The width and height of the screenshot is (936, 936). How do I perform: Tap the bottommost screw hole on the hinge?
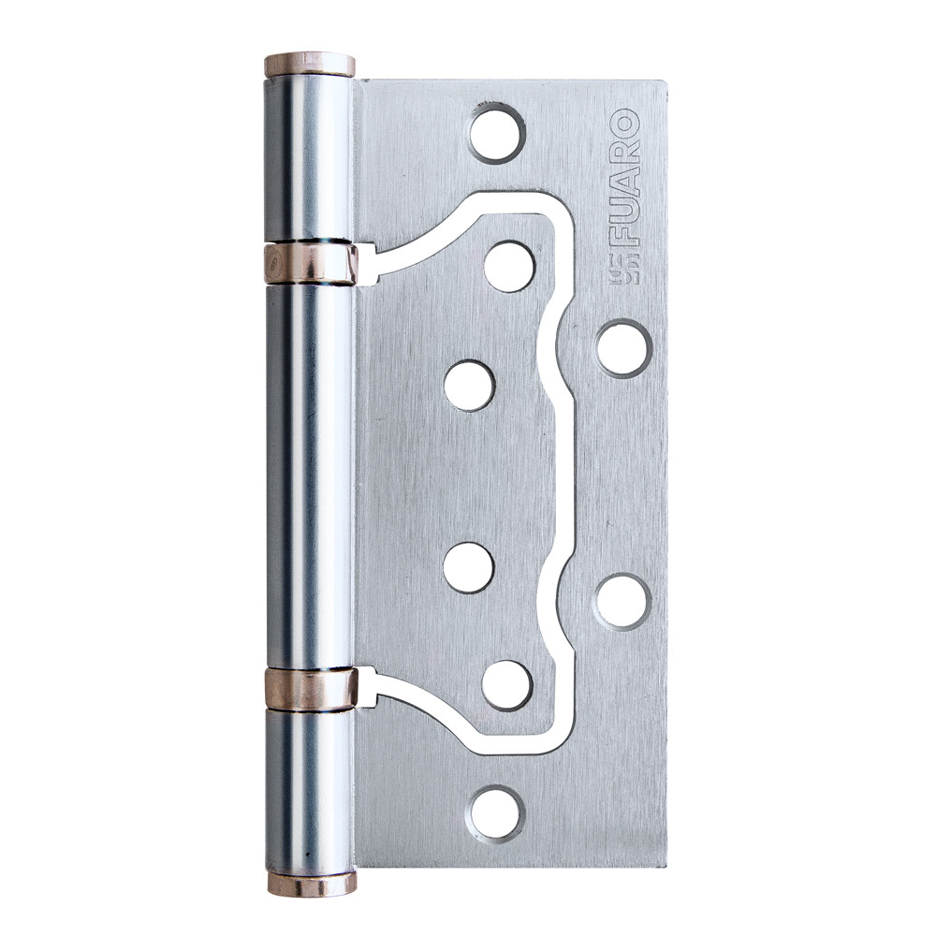pos(496,812)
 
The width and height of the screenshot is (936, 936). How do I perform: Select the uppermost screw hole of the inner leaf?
pos(509,267)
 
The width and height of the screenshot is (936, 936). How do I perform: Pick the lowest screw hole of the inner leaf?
pos(507,685)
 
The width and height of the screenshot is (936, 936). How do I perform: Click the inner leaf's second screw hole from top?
pos(468,386)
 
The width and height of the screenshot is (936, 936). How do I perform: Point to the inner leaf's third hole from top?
pos(468,567)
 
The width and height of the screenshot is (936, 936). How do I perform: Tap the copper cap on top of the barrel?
pos(309,65)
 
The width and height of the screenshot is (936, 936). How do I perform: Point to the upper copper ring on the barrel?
pos(310,263)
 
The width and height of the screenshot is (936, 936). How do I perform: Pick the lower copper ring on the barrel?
pos(311,690)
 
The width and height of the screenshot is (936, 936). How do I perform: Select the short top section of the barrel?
pos(309,159)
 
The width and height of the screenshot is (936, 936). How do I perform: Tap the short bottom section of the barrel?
pos(310,791)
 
